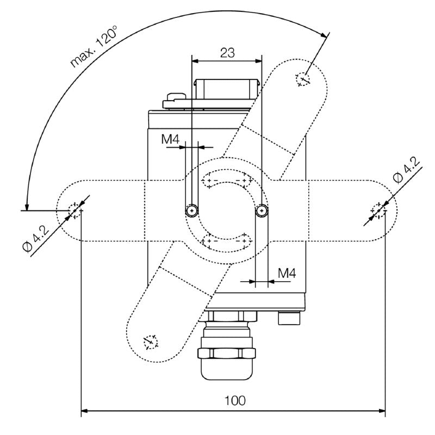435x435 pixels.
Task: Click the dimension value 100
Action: click(x=234, y=401)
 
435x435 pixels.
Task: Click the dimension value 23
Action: click(x=227, y=52)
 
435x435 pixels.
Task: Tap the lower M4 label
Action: click(x=286, y=273)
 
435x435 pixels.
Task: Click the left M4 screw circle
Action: click(x=191, y=210)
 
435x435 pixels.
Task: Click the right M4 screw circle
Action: click(x=262, y=210)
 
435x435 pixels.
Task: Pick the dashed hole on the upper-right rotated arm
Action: click(x=302, y=79)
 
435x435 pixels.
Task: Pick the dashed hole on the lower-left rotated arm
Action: click(x=149, y=342)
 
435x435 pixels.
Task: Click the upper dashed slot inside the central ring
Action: click(x=227, y=179)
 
